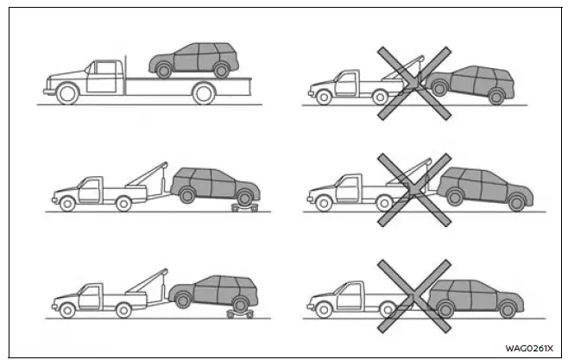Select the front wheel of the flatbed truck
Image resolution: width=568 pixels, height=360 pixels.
[x=65, y=94]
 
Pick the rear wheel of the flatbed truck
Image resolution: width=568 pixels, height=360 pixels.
[x=204, y=94]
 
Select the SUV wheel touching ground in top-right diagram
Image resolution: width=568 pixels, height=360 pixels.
[x=495, y=98]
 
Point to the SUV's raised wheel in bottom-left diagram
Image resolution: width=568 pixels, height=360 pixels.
[x=182, y=300]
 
